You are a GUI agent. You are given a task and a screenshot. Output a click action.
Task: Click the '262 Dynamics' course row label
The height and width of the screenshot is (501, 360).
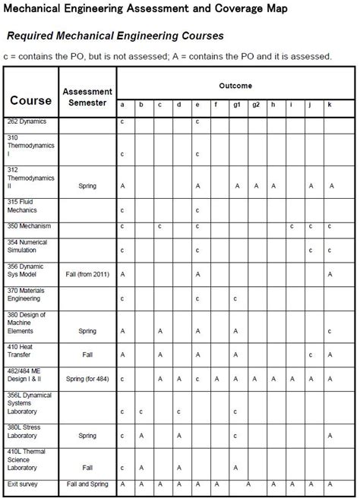click(x=27, y=121)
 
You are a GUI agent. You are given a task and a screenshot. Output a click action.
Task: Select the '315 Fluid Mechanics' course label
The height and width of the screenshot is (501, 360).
click(x=22, y=206)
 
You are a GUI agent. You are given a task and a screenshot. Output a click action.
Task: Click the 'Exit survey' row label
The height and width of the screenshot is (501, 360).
click(x=23, y=484)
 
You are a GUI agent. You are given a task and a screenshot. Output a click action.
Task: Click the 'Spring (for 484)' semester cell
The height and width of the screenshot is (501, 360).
click(x=87, y=378)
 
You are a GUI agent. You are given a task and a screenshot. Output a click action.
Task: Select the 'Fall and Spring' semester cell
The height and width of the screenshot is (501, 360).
click(x=87, y=484)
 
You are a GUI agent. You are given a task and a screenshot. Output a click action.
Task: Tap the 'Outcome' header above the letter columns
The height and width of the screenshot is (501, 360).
click(x=235, y=87)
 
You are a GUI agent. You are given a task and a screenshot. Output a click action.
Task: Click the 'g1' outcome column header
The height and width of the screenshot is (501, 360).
click(x=236, y=105)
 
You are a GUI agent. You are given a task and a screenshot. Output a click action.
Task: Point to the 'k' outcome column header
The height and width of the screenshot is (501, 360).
click(x=330, y=105)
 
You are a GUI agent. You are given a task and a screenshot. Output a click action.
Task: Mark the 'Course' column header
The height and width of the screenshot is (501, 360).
click(x=31, y=100)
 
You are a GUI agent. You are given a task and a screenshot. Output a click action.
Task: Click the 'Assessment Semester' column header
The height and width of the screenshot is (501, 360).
click(x=87, y=97)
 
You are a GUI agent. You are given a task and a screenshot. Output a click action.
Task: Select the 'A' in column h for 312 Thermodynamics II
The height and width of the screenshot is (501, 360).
click(x=273, y=185)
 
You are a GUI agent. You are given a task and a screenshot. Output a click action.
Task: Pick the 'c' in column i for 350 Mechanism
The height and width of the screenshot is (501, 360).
click(x=292, y=226)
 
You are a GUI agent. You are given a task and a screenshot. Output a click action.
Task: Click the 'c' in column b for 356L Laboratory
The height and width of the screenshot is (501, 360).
click(x=141, y=412)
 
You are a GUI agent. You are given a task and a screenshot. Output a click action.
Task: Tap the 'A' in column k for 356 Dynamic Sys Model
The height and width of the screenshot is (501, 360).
click(x=330, y=274)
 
